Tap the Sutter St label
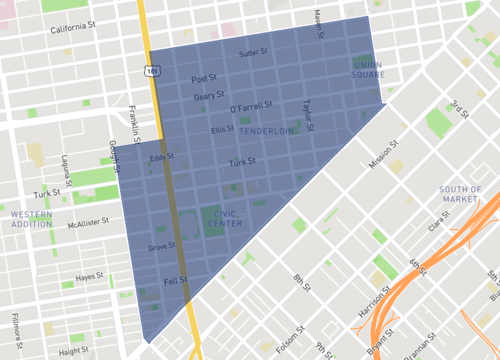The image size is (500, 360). [254, 52]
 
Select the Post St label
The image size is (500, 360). [204, 78]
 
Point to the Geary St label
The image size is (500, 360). [209, 96]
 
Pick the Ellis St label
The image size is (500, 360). [222, 129]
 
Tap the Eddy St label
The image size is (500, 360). [161, 157]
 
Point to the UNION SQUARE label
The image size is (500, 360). [367, 70]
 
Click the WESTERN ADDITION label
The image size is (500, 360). [31, 219]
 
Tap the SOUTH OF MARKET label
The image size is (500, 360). [460, 194]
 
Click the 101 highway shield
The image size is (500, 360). [150, 71]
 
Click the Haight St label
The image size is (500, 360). [73, 352]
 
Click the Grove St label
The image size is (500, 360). [160, 246]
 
